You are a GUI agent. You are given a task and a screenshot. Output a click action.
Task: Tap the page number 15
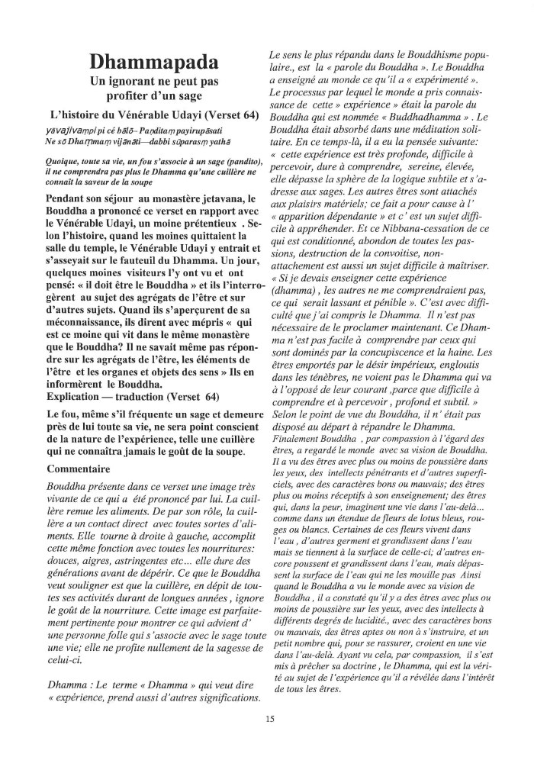[270, 718]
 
